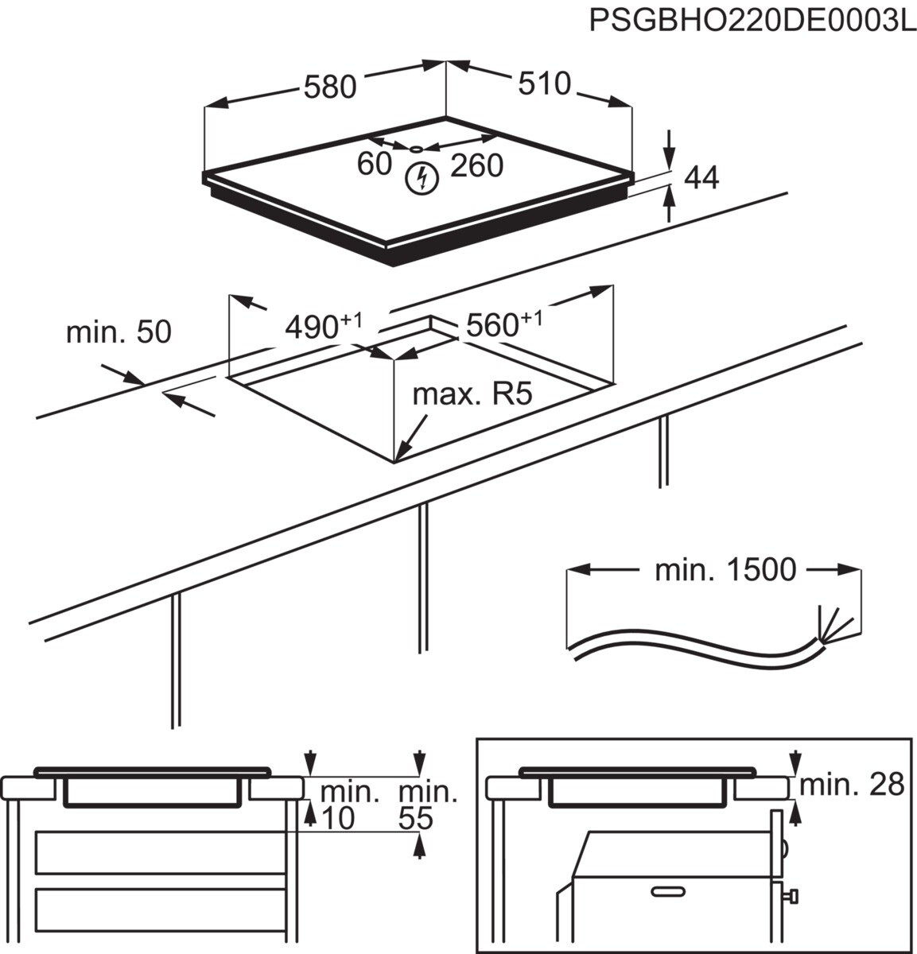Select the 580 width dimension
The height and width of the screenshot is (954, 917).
[x=330, y=87]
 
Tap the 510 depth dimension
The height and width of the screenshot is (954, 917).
[x=545, y=83]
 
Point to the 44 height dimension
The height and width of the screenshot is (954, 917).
[x=701, y=177]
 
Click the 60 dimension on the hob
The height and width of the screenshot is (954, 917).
[x=374, y=164]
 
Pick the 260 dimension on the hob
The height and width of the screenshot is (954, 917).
[x=476, y=165]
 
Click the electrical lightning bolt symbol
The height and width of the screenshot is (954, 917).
[x=422, y=178]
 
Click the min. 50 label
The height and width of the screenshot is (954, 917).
[x=118, y=332]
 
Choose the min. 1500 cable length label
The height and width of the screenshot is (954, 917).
[x=725, y=569]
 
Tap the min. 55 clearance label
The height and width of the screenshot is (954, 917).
[x=427, y=804]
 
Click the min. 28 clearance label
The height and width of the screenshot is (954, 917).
[x=852, y=785]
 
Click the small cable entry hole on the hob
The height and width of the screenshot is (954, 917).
[x=417, y=149]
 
